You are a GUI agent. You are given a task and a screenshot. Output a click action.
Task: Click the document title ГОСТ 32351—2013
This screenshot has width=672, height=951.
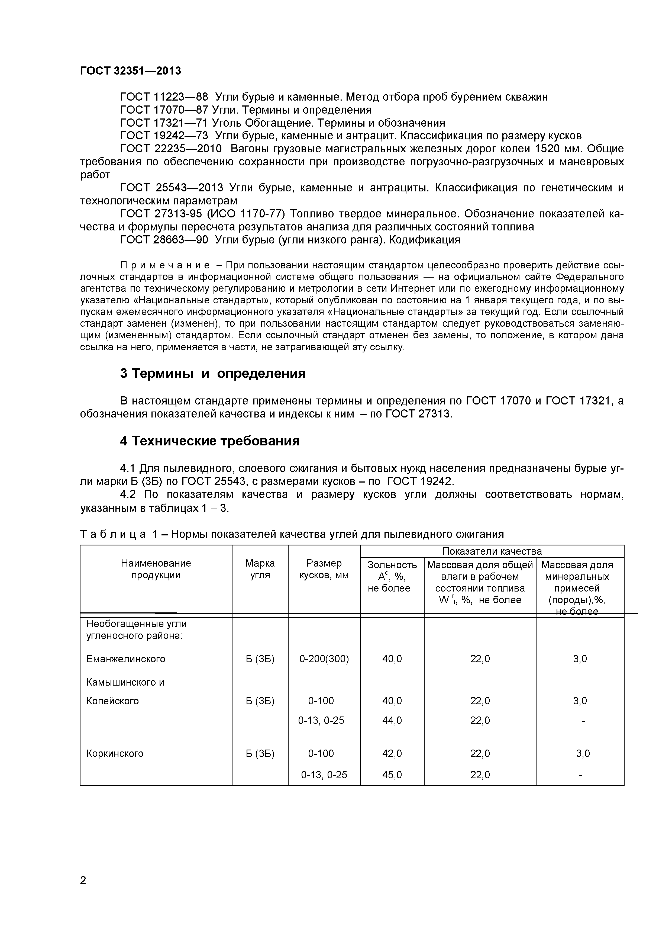pos(130,71)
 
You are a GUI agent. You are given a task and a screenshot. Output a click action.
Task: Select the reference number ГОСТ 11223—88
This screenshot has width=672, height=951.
pos(164,97)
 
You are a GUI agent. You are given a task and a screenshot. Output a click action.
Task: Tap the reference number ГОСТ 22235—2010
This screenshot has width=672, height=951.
pos(171,149)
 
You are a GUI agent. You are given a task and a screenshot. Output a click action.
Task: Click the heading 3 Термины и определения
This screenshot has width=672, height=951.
pos(213,374)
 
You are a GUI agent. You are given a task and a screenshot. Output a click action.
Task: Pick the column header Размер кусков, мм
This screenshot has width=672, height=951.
pos(324,569)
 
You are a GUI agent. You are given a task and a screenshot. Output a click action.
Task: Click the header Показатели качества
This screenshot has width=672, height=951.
pos(492,551)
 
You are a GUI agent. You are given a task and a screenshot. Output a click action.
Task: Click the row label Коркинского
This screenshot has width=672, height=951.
pos(115,753)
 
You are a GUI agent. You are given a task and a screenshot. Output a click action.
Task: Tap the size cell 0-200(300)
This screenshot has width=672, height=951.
pos(324,659)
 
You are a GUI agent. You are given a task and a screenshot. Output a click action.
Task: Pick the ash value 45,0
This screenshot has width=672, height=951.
pos(392,775)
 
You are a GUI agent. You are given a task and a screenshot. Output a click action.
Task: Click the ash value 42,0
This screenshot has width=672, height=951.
pos(392,753)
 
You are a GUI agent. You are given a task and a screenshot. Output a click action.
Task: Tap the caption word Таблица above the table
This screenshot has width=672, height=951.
pos(113,534)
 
